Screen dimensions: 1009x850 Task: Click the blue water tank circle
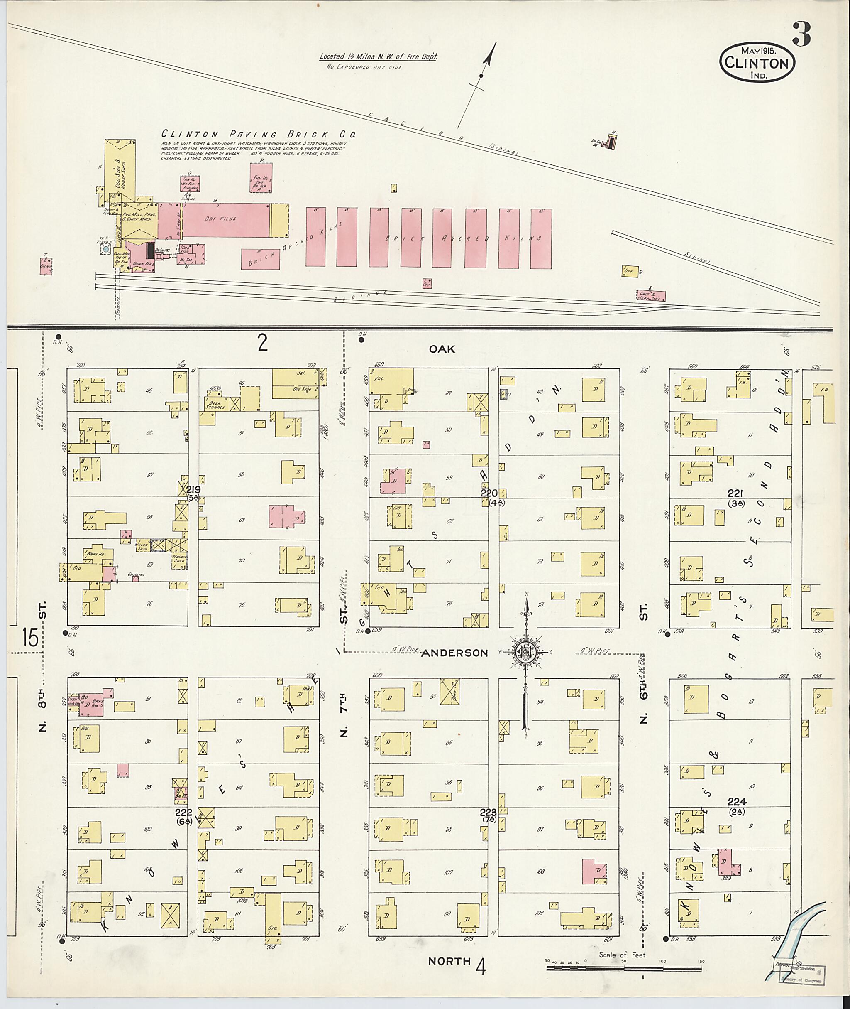(105, 249)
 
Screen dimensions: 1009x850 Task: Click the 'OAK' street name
(442, 349)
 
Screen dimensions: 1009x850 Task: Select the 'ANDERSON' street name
(448, 653)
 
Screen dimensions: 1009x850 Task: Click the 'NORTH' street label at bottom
(449, 961)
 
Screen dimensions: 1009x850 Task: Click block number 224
(737, 802)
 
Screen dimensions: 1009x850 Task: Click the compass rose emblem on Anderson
(525, 653)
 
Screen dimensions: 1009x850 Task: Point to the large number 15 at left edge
(30, 638)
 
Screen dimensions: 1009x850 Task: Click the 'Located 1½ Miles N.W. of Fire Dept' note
(378, 57)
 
